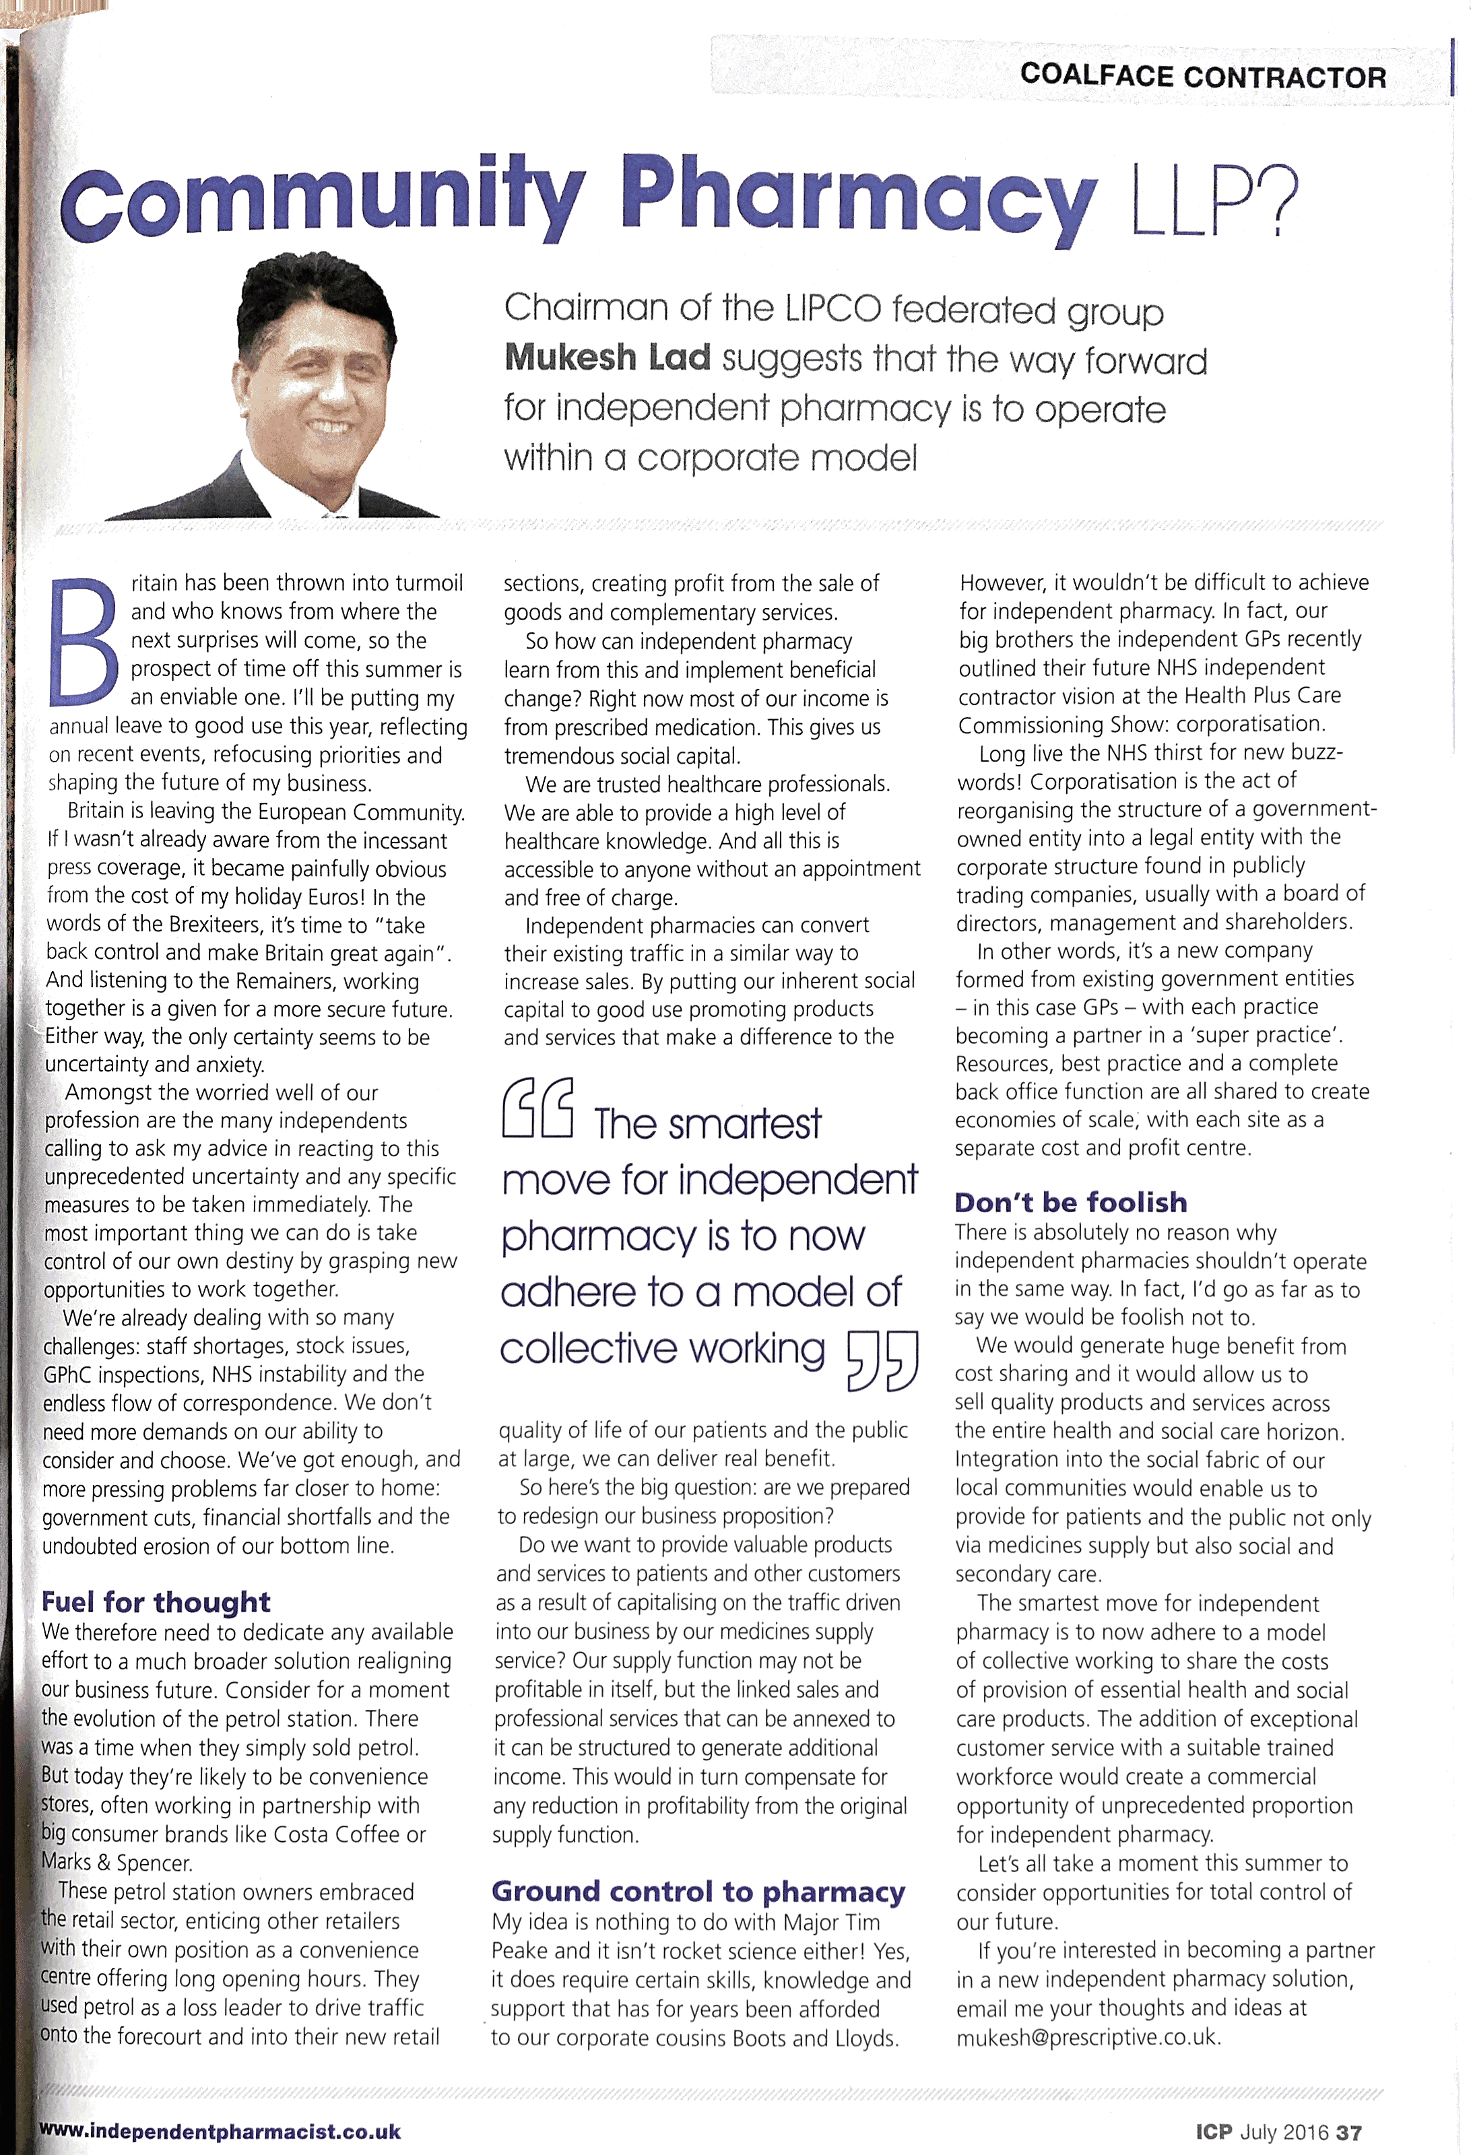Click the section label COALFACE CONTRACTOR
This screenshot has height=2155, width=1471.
1203,76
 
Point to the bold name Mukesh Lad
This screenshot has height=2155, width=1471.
608,358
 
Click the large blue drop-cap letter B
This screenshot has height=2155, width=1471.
84,640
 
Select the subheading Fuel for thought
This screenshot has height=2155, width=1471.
156,1601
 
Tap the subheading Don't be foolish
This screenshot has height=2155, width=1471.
1070,1202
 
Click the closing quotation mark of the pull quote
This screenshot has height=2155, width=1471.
882,1360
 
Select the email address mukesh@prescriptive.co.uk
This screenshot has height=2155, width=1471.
1088,2037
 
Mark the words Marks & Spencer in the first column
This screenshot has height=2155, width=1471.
116,1862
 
